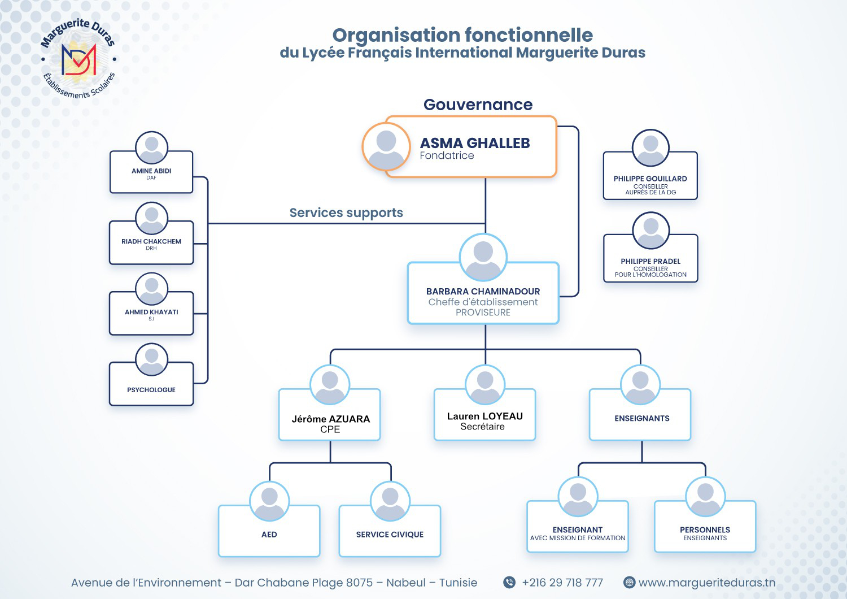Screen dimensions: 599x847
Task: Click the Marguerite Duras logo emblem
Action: click(78, 59)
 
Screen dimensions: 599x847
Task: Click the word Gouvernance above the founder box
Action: click(478, 105)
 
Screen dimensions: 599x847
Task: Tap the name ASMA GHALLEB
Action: click(474, 143)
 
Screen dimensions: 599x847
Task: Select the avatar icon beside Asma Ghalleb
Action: click(386, 146)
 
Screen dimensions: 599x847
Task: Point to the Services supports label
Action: click(346, 213)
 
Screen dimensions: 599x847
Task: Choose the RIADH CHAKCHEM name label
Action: click(151, 241)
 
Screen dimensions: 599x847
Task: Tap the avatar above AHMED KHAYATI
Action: click(151, 289)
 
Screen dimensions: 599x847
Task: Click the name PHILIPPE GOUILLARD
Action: click(650, 179)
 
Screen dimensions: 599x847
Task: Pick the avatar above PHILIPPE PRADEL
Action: click(650, 231)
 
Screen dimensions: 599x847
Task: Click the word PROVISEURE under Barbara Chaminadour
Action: click(483, 312)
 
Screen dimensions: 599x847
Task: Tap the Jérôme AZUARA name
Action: click(331, 419)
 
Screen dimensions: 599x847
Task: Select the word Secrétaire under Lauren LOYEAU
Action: click(482, 427)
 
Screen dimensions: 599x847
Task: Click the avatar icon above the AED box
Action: click(269, 501)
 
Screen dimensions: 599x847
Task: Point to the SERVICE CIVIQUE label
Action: click(390, 535)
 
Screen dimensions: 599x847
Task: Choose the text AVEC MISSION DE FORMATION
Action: click(578, 539)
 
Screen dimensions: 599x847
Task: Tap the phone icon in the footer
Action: click(509, 583)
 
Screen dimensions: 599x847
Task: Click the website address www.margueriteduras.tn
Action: click(707, 583)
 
